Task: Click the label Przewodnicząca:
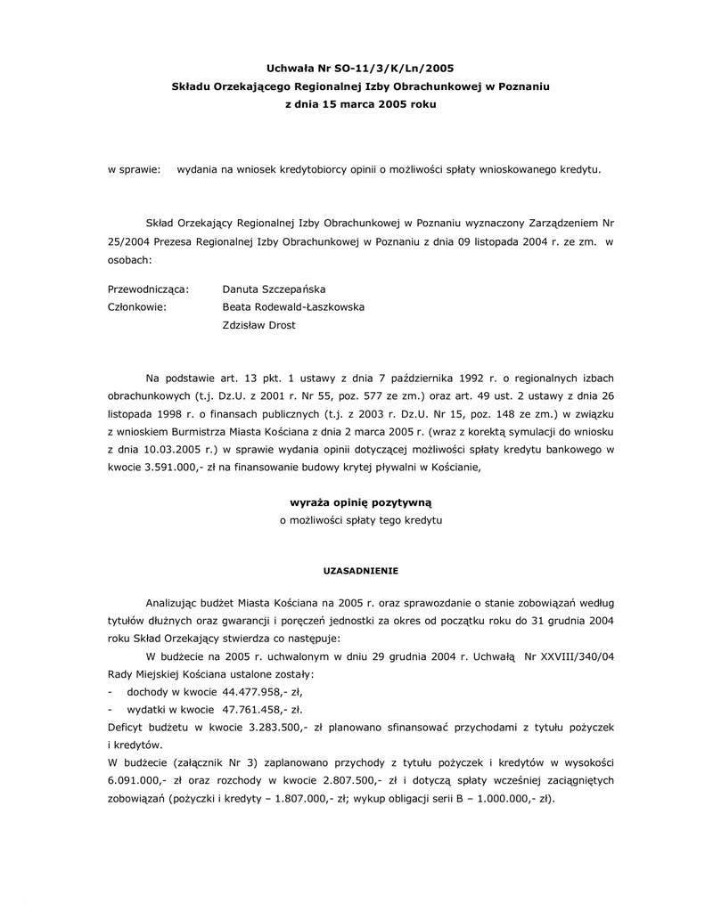click(x=148, y=289)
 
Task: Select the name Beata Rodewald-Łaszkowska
click(x=293, y=307)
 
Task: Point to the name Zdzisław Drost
click(x=258, y=325)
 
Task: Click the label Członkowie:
click(x=137, y=307)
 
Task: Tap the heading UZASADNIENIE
click(x=360, y=570)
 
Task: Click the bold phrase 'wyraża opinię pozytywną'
click(x=360, y=502)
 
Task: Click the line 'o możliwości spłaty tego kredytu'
click(x=360, y=519)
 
